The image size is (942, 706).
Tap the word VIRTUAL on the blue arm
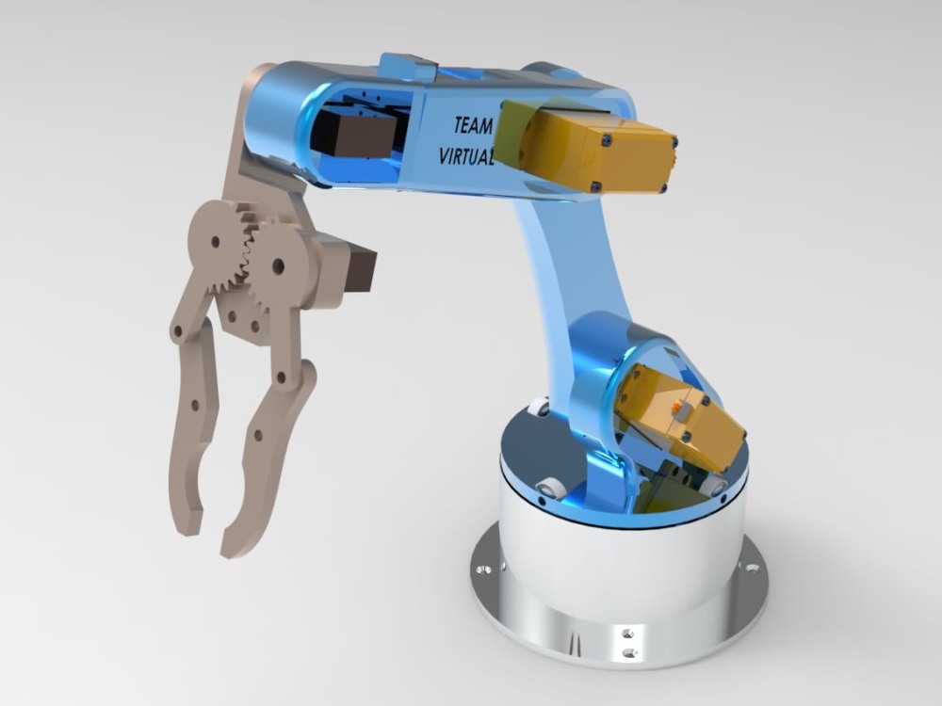[466, 155]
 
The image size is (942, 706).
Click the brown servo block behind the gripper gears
[359, 268]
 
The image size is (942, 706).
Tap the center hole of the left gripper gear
[216, 241]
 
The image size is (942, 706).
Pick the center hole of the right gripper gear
[278, 266]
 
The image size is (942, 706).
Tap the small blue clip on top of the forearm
[407, 68]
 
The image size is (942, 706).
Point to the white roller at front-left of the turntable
[550, 488]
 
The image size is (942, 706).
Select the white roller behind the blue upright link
[540, 407]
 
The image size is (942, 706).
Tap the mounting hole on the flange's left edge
[484, 570]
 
